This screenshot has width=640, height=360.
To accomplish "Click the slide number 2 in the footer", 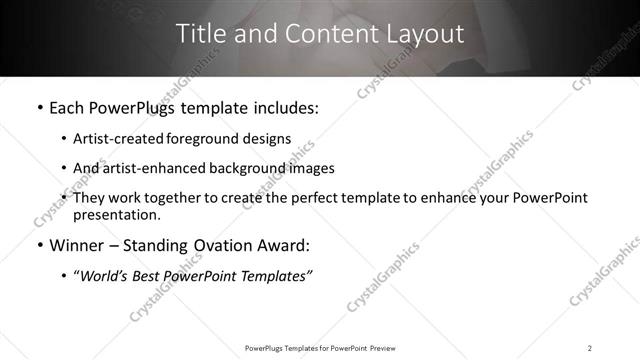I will tap(590, 347).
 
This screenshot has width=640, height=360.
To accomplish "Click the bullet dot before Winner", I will tap(39, 246).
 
